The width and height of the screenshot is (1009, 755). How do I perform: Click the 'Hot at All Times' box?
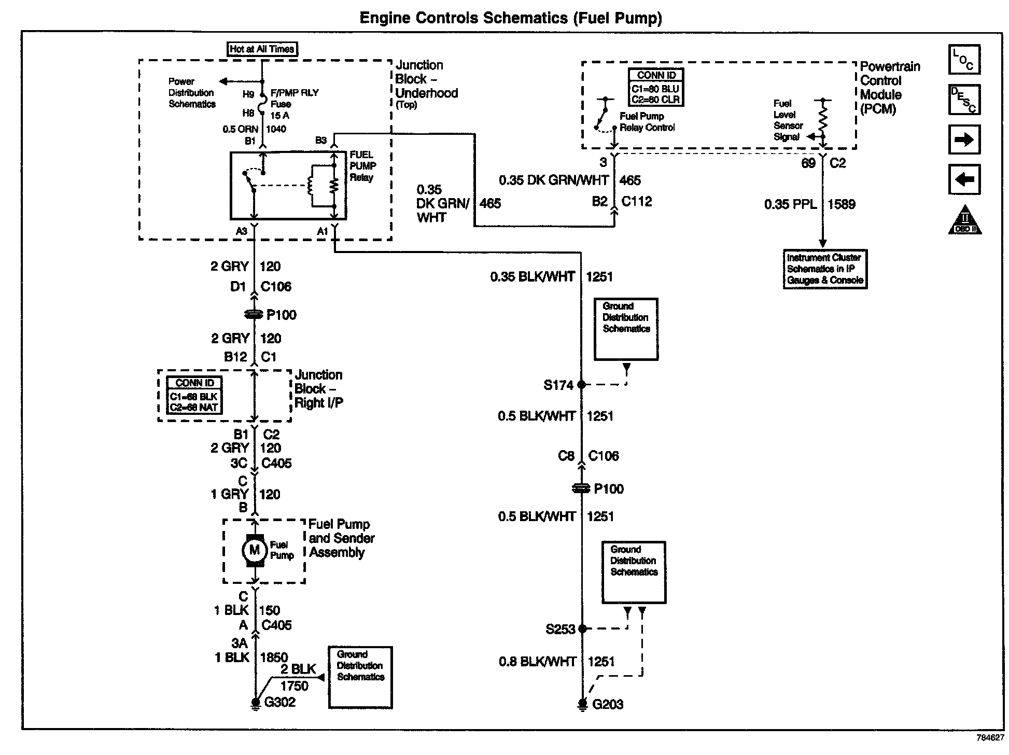(262, 49)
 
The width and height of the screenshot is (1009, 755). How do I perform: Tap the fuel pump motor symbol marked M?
(254, 550)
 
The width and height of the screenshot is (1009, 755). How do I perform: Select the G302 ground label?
(279, 702)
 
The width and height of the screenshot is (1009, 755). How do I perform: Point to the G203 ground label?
(607, 704)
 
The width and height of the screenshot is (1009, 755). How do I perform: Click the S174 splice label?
(558, 385)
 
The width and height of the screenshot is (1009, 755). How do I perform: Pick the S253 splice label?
(560, 629)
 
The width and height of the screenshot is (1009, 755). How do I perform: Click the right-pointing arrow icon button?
(964, 140)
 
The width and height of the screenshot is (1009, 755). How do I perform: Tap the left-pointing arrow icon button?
(964, 179)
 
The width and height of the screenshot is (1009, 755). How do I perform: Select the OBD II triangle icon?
(965, 220)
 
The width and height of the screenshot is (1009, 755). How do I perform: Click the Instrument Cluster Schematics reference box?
(825, 269)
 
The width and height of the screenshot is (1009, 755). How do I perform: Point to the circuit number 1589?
(841, 204)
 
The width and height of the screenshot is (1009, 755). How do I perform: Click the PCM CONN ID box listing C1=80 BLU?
(656, 88)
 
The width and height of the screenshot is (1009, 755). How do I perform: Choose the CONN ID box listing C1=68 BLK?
(194, 395)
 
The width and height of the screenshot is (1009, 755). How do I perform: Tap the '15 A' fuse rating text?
(280, 116)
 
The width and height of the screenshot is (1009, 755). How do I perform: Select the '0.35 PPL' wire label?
(790, 204)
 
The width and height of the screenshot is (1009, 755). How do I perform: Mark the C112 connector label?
(636, 201)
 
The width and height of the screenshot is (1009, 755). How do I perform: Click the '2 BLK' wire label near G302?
(298, 669)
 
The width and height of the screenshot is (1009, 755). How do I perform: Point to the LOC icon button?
(964, 60)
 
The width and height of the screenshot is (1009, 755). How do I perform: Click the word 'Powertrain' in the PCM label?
(890, 67)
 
